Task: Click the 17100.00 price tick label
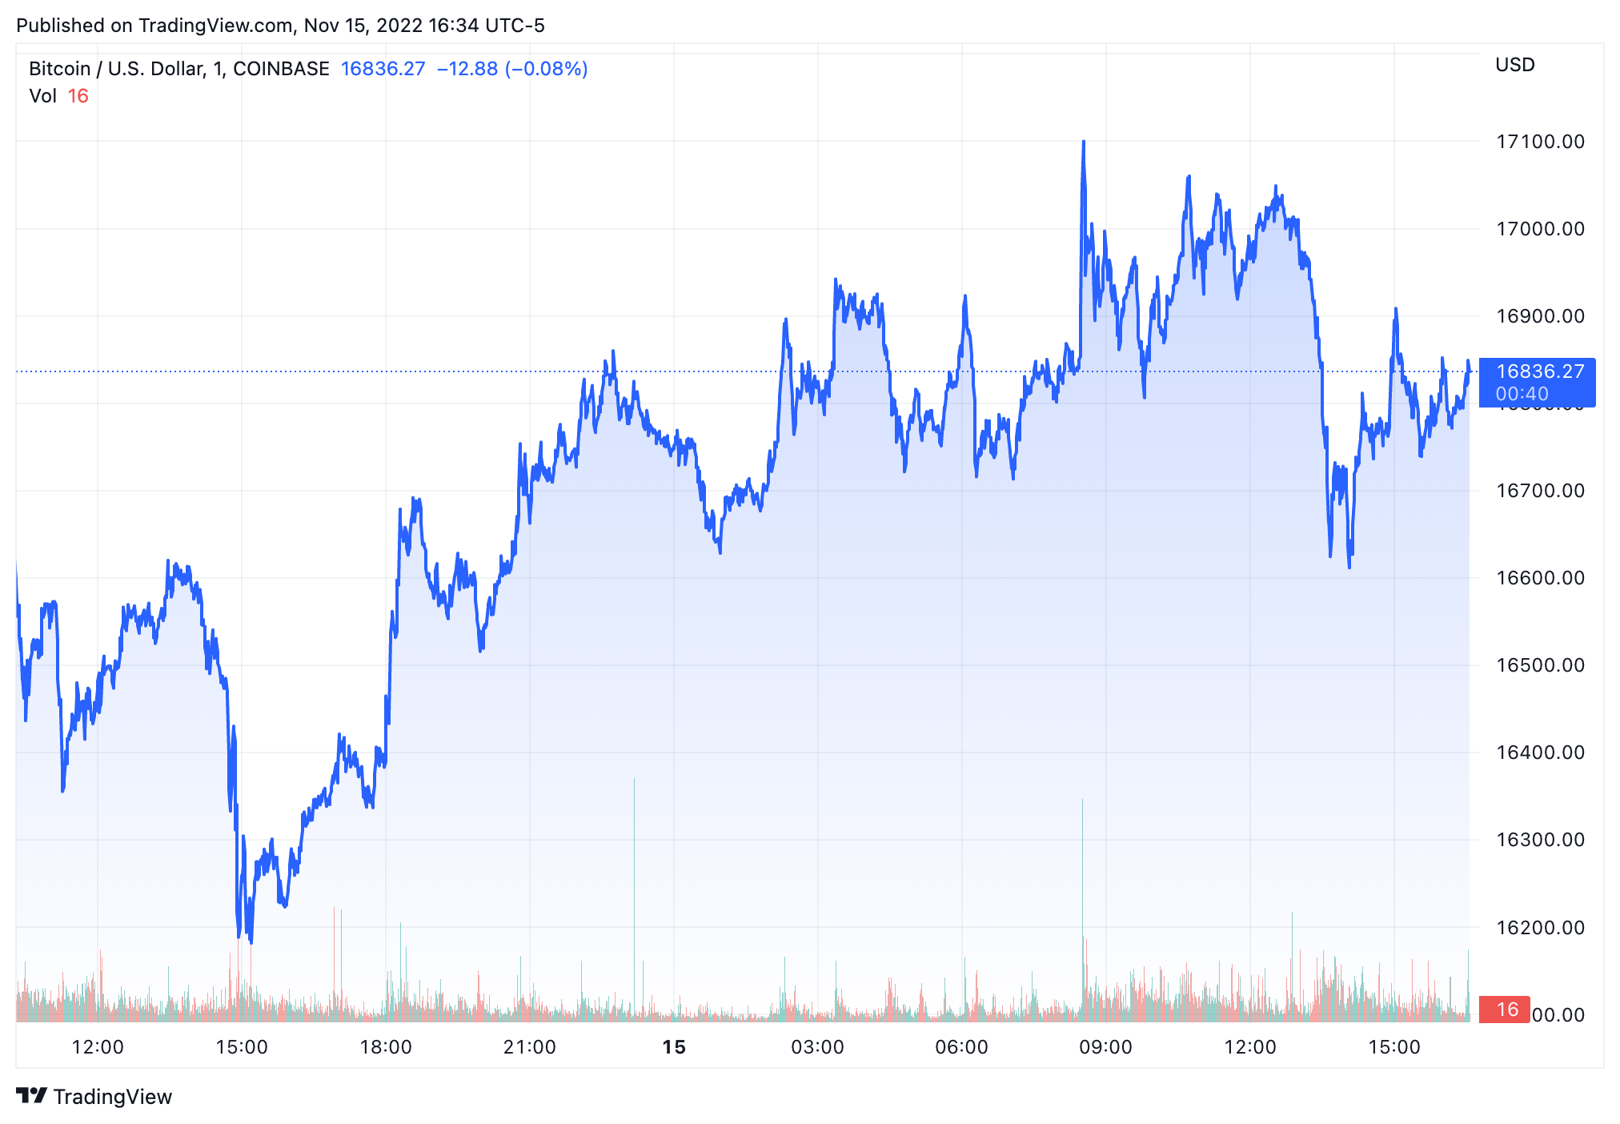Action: point(1540,142)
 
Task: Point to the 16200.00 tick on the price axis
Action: point(1540,928)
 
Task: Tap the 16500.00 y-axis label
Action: point(1540,665)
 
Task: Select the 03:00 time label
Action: point(817,1047)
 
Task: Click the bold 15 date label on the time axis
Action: point(674,1047)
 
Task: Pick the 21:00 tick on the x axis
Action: point(529,1047)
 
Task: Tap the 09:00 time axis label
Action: point(1105,1047)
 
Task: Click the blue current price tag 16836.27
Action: point(1539,371)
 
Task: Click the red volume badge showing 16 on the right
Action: point(1506,1010)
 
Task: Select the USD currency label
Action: point(1514,65)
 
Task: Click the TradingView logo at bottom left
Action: point(94,1096)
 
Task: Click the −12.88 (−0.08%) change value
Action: point(512,69)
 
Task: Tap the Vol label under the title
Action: point(42,96)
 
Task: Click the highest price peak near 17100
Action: point(1084,142)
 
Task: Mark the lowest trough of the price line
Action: point(251,941)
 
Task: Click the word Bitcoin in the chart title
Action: point(59,69)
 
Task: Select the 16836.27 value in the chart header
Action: point(383,69)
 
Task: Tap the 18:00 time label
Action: point(385,1047)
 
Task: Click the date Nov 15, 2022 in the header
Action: point(363,26)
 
